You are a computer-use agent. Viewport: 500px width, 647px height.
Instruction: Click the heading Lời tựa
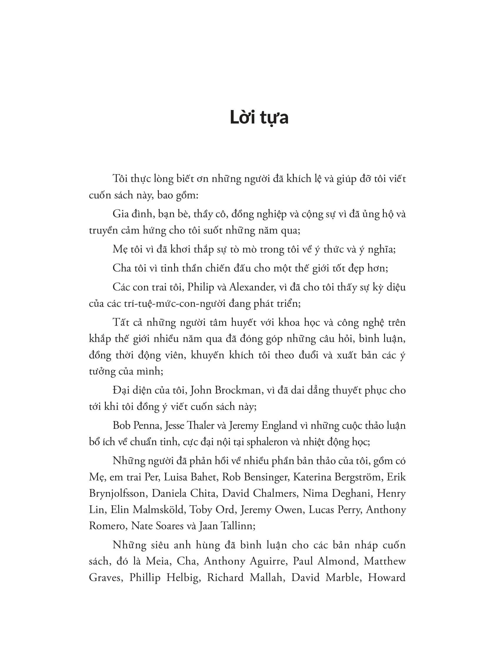tap(259, 118)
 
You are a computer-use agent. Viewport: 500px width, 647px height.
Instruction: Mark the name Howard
tap(386, 577)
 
